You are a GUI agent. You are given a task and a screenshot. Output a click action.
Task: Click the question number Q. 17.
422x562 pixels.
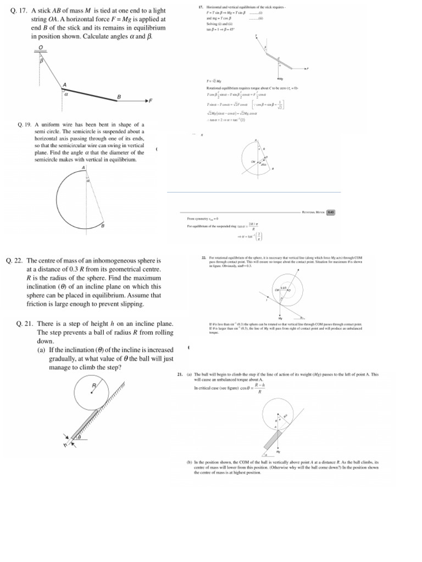pyautogui.click(x=20, y=10)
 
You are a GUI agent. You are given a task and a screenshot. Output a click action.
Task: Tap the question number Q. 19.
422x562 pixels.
pyautogui.click(x=26, y=125)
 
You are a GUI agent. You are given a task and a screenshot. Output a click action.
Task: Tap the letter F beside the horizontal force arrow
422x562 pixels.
pyautogui.click(x=151, y=101)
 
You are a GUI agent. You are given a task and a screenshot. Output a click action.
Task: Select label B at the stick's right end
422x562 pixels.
pyautogui.click(x=119, y=97)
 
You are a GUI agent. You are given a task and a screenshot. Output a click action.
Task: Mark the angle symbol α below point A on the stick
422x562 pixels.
pyautogui.click(x=66, y=94)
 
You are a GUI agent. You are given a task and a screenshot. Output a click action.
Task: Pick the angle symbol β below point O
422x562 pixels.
pyautogui.click(x=41, y=61)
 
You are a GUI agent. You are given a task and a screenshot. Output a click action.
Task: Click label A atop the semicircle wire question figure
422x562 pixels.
pyautogui.click(x=84, y=167)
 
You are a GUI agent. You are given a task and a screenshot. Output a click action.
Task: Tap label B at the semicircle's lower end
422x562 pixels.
pyautogui.click(x=103, y=226)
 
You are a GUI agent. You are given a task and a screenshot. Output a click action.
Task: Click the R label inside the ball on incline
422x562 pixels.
pyautogui.click(x=94, y=386)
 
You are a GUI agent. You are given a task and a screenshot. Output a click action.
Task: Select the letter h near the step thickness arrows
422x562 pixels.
pyautogui.click(x=65, y=445)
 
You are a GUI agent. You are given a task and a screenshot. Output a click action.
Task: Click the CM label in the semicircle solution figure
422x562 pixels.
pyautogui.click(x=254, y=161)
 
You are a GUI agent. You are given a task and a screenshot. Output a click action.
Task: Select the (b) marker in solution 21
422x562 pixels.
pyautogui.click(x=190, y=463)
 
